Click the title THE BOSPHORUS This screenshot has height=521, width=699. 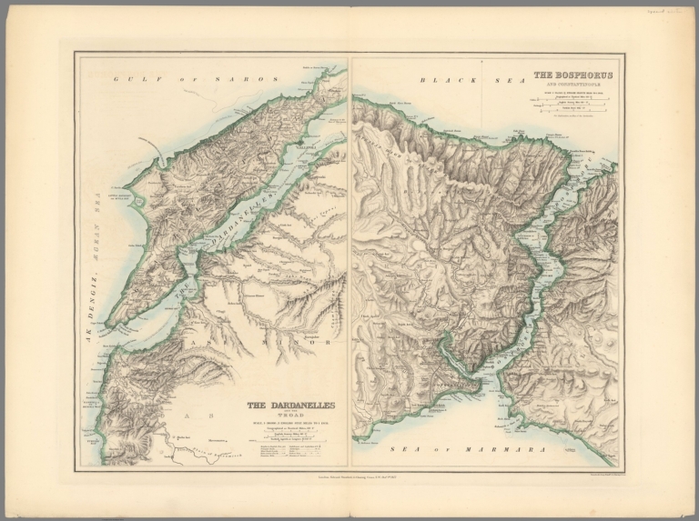[x=572, y=75]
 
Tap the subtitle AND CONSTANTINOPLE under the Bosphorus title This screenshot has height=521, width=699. [x=572, y=85]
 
